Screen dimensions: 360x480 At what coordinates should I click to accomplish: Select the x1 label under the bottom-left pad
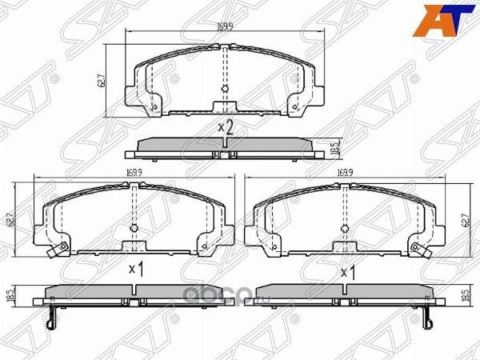(135, 270)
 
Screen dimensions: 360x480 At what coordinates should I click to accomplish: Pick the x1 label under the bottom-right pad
(348, 272)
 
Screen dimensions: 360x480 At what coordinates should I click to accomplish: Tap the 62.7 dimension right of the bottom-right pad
(464, 217)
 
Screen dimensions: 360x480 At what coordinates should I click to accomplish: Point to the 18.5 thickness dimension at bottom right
(464, 295)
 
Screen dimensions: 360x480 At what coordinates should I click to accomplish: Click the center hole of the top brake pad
(225, 88)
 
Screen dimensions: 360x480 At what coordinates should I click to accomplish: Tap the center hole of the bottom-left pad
(134, 228)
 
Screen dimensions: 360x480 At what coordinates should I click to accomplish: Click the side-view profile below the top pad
(225, 147)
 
